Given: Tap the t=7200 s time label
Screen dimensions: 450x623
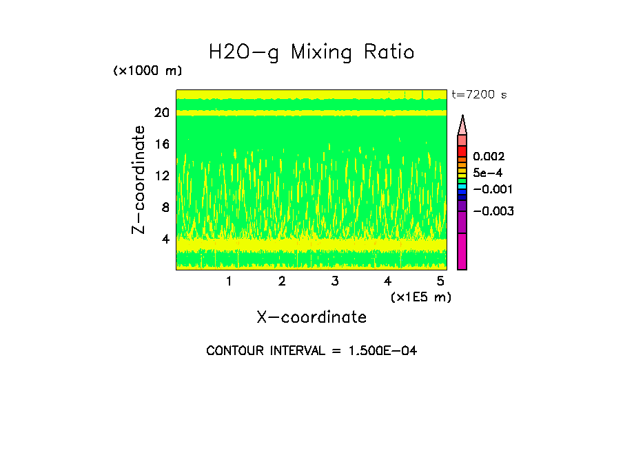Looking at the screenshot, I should click(479, 94).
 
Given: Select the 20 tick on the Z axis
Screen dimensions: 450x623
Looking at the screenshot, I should click(161, 113).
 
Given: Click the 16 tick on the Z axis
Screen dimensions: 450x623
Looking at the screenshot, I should click(161, 144).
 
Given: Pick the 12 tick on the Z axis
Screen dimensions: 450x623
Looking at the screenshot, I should click(161, 176).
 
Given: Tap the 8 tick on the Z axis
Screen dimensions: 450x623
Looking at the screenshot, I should click(165, 208).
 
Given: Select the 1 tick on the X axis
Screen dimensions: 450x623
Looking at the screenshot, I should click(229, 281).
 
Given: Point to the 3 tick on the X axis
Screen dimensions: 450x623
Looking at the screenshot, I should click(335, 281).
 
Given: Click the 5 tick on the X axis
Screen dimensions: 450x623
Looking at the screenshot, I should click(440, 281).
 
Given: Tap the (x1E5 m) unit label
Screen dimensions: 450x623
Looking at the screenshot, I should click(420, 297).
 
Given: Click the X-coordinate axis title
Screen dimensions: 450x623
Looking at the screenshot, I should click(311, 317).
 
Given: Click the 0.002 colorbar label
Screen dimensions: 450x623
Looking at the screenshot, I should click(489, 157).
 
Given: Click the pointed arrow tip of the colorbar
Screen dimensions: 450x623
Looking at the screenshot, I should click(462, 118).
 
